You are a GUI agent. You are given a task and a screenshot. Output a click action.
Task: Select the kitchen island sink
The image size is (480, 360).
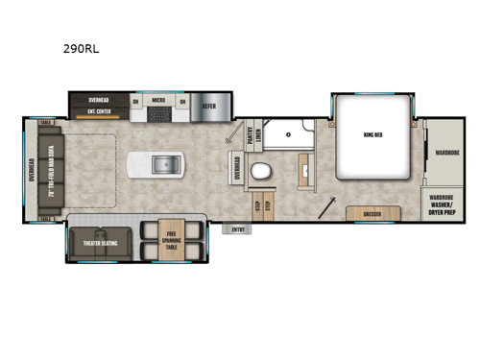(x=165, y=166)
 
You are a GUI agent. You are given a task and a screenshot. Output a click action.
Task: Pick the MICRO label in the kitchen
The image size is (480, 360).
(x=159, y=99)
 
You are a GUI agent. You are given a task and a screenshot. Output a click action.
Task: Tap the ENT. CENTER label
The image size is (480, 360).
(x=99, y=111)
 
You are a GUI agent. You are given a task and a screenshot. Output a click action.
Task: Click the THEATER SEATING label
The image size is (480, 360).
(x=102, y=244)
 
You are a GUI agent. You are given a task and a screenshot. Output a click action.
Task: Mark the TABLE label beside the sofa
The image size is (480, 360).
(x=45, y=124)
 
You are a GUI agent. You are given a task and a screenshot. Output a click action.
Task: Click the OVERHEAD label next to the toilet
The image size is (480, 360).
(x=236, y=172)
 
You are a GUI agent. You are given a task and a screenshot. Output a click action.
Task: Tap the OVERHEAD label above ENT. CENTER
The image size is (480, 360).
(x=99, y=99)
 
